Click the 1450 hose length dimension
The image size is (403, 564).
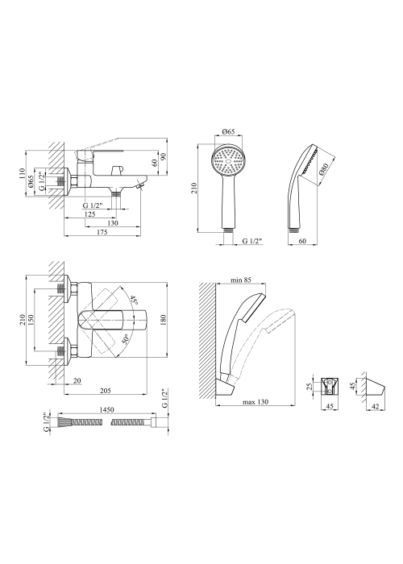click(x=106, y=409)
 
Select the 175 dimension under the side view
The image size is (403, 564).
click(x=102, y=232)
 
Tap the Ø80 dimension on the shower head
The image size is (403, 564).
click(x=322, y=173)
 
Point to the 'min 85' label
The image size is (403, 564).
click(x=242, y=280)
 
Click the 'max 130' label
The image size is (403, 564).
click(x=256, y=402)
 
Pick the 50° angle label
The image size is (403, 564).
click(x=126, y=339)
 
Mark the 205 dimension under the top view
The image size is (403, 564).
click(x=105, y=391)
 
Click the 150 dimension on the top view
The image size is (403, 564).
click(x=31, y=319)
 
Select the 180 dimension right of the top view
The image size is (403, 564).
click(x=164, y=319)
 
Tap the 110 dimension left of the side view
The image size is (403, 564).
click(x=23, y=173)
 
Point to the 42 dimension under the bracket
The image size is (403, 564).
click(x=375, y=406)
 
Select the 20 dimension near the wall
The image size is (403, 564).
click(x=77, y=380)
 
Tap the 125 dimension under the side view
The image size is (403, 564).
click(x=89, y=214)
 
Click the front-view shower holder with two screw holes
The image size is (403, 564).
click(x=330, y=387)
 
